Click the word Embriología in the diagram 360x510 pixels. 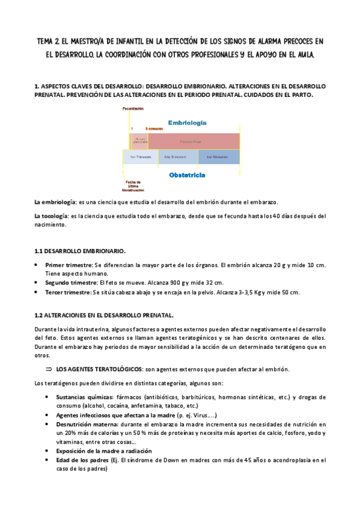[x=188, y=122]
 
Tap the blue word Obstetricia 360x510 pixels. [x=187, y=176]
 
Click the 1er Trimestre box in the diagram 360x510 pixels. [x=141, y=157]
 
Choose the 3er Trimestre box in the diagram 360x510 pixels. [x=219, y=157]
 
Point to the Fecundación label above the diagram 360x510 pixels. [x=133, y=108]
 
